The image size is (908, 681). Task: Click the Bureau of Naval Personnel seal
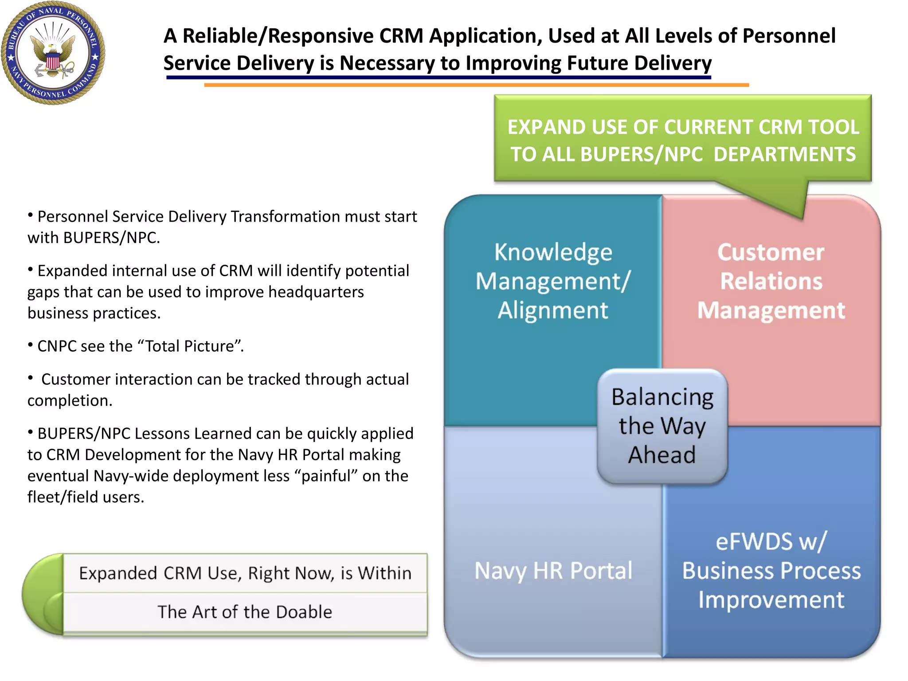click(53, 53)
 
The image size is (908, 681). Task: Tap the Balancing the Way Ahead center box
click(662, 426)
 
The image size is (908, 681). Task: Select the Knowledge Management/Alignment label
click(553, 281)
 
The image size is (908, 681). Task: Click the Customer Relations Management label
click(771, 281)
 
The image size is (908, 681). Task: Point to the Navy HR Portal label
click(553, 571)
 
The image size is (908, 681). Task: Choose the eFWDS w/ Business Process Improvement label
click(771, 571)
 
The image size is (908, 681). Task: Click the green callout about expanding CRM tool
click(683, 140)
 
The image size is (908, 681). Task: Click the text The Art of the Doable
click(245, 612)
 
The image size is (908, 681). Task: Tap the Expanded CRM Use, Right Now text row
click(245, 573)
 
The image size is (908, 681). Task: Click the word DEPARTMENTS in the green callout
click(784, 154)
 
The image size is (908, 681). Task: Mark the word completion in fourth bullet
click(69, 401)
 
